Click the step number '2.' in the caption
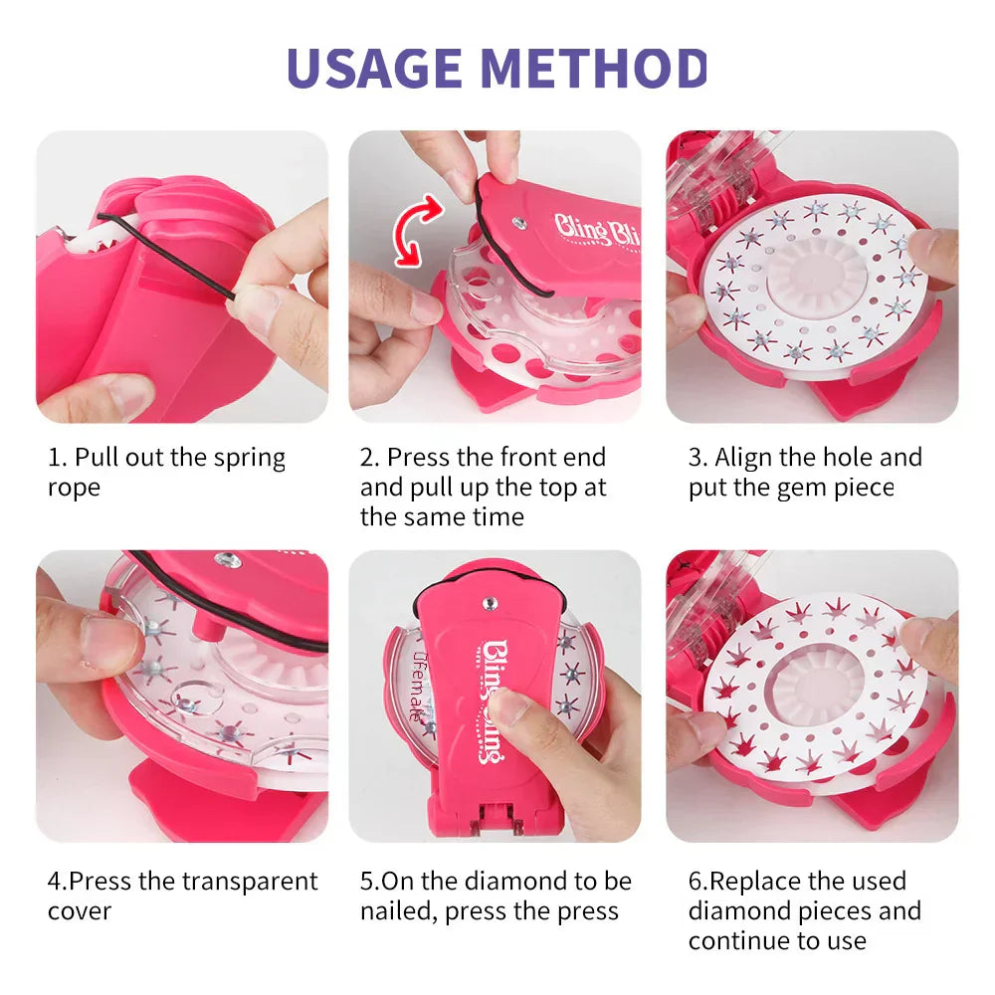tap(370, 459)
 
